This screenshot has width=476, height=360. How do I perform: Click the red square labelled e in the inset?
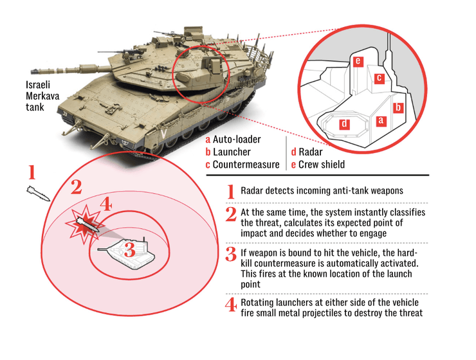coord(358,60)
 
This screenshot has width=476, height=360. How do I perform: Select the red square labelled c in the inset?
coord(380,78)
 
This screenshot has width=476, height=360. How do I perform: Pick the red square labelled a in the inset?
coord(380,120)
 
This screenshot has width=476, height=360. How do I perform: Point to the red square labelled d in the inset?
coord(345,123)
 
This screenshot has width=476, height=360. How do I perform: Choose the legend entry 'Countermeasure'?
coord(243,165)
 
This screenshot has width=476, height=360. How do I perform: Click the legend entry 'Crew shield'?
coord(318,165)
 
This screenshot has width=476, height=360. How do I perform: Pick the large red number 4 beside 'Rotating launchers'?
coord(230,305)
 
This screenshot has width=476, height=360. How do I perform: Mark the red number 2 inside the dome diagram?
coord(76,188)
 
